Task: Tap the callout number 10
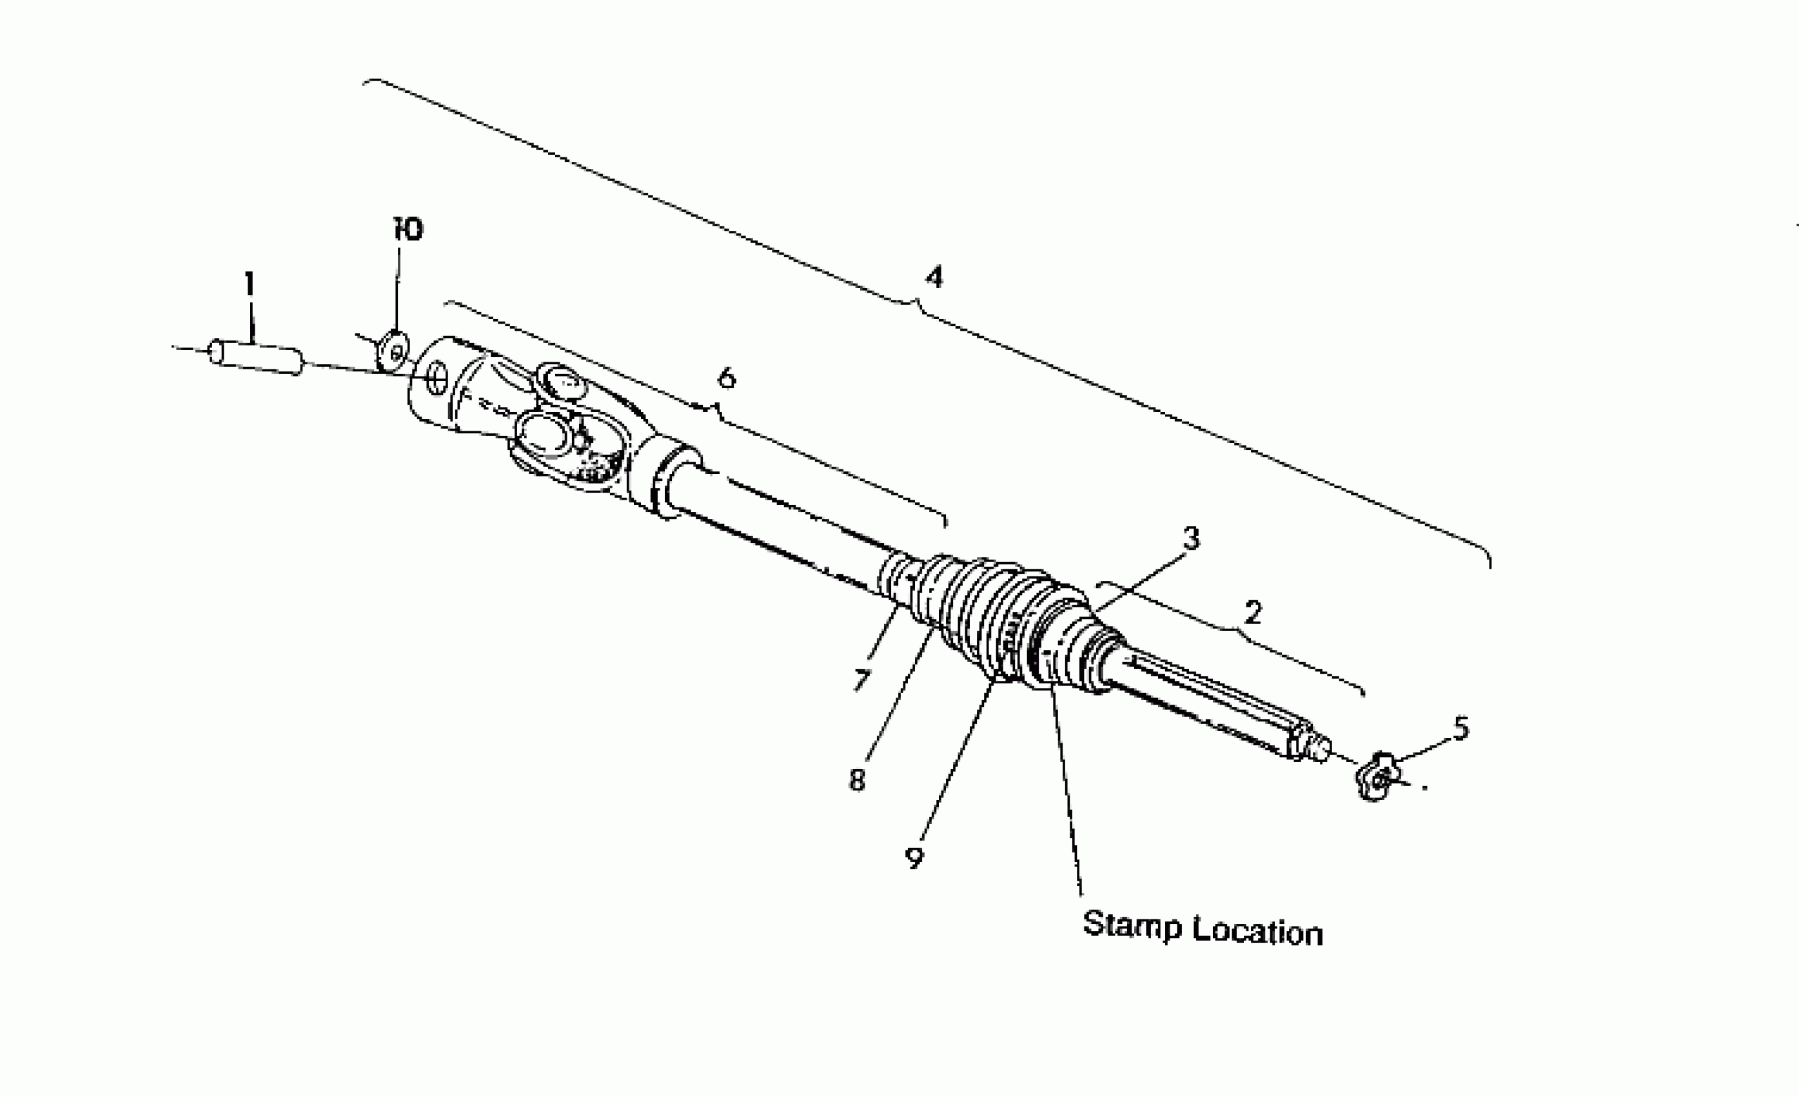(408, 230)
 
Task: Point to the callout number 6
(727, 378)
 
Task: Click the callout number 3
(1191, 538)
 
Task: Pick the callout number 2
(1253, 612)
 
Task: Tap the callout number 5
(1461, 728)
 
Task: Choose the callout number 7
(861, 680)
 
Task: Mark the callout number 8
(857, 780)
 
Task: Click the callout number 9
(914, 858)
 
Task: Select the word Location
(1257, 932)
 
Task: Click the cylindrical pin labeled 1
(255, 358)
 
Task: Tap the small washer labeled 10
(394, 351)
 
